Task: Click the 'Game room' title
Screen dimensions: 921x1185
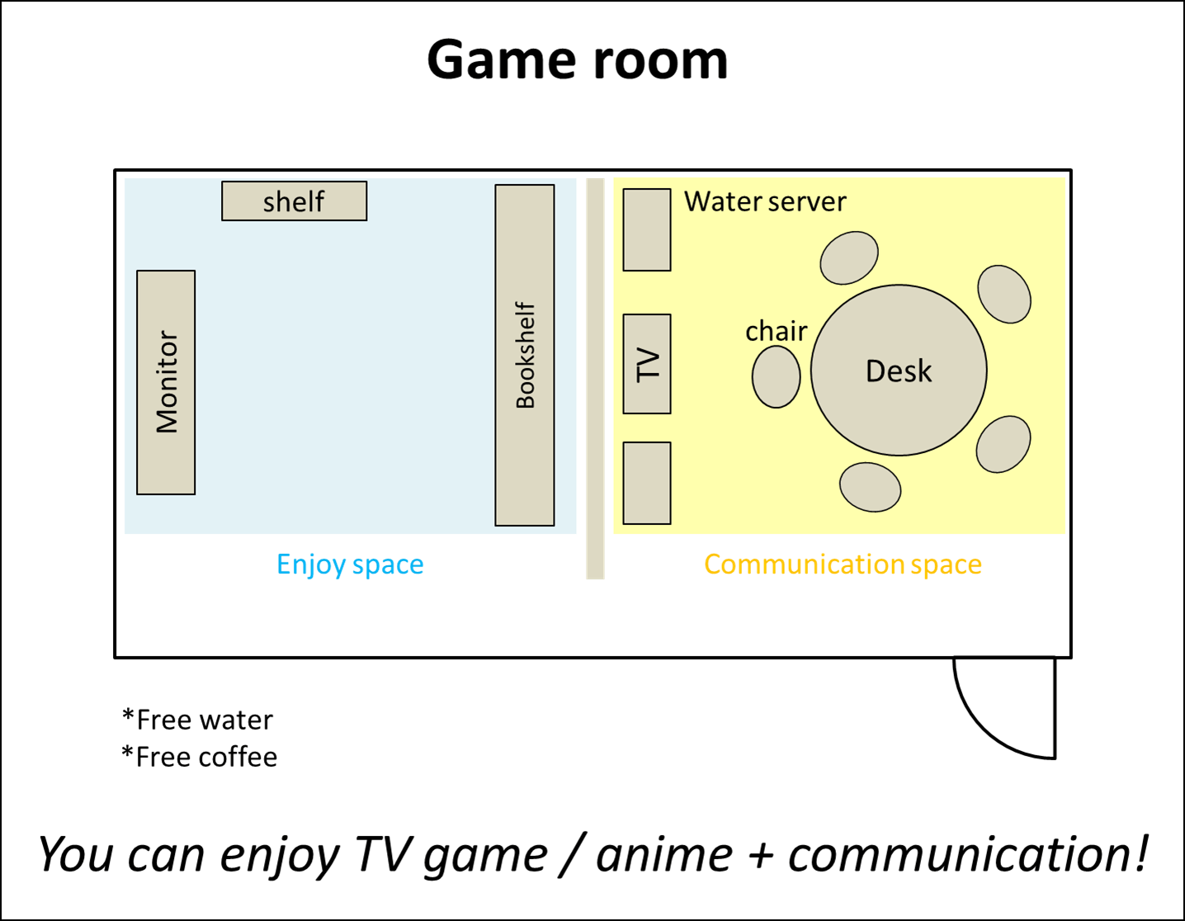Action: click(577, 60)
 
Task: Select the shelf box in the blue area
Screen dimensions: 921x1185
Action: click(294, 201)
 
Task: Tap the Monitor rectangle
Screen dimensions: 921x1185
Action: click(166, 382)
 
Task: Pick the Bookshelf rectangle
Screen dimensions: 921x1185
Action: click(525, 355)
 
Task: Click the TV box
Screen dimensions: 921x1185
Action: click(647, 364)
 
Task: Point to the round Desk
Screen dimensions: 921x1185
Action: click(899, 371)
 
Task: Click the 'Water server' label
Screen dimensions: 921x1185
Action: click(765, 201)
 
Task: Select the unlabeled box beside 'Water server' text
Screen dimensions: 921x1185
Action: click(647, 229)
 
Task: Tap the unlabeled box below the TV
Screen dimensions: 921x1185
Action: click(647, 483)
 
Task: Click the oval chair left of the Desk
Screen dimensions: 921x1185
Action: click(776, 377)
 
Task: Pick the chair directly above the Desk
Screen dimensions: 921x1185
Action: click(848, 257)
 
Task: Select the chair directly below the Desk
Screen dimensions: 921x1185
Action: click(870, 487)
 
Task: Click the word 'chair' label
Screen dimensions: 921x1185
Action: click(776, 331)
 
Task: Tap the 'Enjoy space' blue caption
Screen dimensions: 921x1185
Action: click(350, 564)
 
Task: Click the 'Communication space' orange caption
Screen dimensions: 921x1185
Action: click(843, 564)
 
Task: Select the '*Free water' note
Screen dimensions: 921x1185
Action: click(198, 720)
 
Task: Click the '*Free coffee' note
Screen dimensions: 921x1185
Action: click(200, 757)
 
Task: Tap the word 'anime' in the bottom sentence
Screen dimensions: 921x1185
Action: click(663, 855)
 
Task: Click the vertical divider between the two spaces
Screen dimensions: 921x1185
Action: click(595, 378)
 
